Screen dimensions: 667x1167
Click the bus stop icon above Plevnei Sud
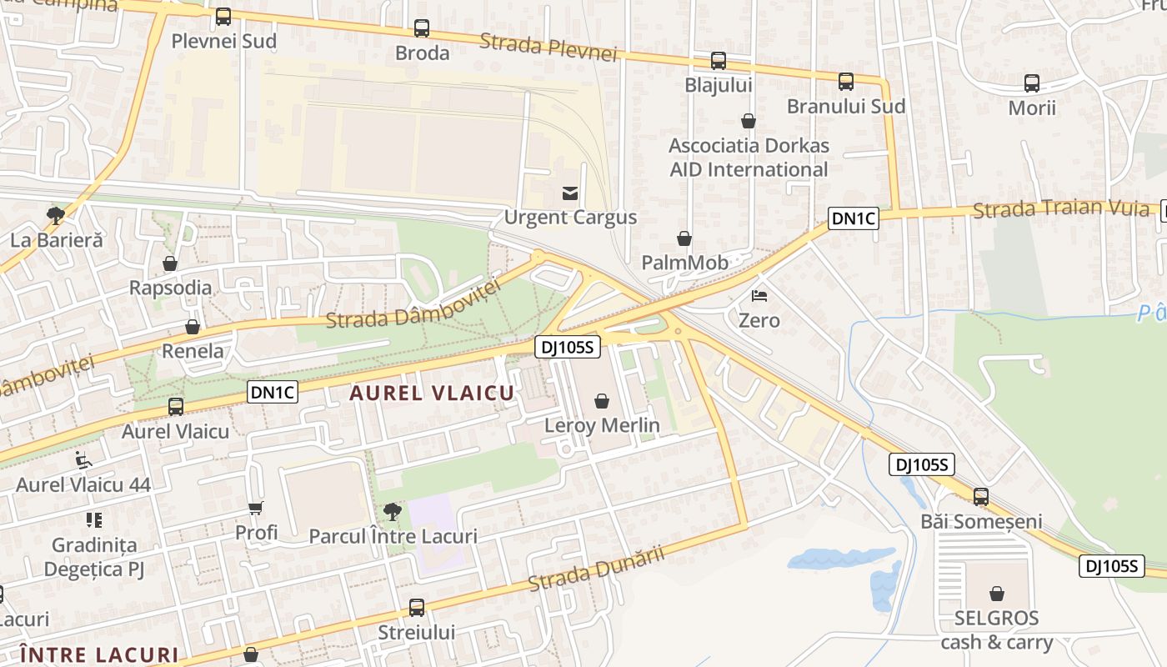223,17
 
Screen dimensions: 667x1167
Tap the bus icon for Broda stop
422,28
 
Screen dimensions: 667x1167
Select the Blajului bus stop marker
718,61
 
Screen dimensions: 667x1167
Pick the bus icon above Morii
1031,83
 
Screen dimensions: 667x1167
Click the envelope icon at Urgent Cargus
570,193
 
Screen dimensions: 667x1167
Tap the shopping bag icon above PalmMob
684,238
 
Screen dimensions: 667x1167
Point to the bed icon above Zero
759,296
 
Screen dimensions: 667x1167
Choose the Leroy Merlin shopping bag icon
602,402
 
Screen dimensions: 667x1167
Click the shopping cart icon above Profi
256,508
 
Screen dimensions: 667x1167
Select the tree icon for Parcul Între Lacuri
392,511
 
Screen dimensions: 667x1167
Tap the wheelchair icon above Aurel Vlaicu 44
83,459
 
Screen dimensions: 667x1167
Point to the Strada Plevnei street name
549,47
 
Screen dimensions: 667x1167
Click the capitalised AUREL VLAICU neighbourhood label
432,394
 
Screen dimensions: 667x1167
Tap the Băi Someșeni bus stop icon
981,496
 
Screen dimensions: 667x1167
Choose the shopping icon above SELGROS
997,594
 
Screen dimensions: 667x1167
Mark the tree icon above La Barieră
56,216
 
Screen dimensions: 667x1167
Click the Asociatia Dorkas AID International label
749,158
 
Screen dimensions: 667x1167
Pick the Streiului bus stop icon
417,608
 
